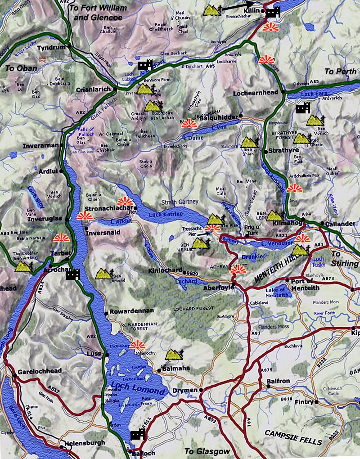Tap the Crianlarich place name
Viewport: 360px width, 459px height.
click(x=93, y=90)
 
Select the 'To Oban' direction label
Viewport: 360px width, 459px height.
click(x=19, y=68)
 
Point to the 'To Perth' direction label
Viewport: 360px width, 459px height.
click(x=340, y=72)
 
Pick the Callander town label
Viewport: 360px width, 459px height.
click(x=340, y=224)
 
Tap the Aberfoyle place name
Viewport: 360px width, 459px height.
click(x=217, y=287)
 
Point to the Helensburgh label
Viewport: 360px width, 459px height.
click(x=84, y=443)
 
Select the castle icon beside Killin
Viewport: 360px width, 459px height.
click(x=273, y=13)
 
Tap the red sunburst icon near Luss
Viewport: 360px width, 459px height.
click(x=137, y=345)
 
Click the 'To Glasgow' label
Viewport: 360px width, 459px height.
click(x=207, y=451)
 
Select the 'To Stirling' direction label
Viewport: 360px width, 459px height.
click(x=345, y=258)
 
